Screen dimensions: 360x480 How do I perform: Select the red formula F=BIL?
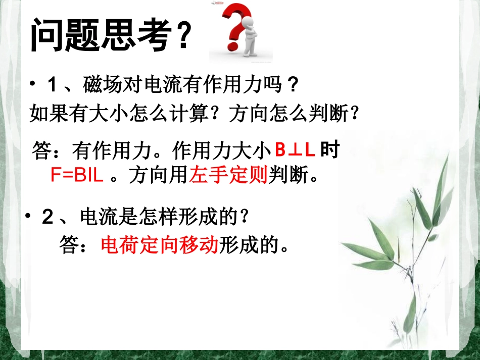pos(77,175)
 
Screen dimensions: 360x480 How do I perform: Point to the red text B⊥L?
pos(295,149)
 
